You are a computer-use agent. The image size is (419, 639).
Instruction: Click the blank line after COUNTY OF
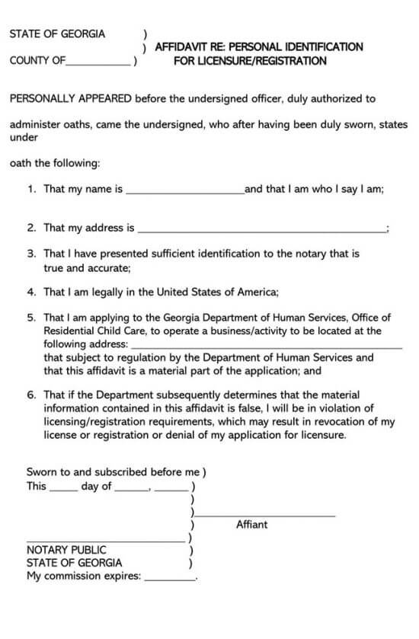(x=99, y=64)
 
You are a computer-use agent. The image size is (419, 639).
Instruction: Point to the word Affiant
(x=251, y=525)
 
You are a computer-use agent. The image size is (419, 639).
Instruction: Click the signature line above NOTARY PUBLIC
(x=107, y=541)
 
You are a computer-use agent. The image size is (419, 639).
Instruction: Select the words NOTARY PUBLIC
(x=66, y=549)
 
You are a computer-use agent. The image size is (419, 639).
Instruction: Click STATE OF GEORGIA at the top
(x=57, y=34)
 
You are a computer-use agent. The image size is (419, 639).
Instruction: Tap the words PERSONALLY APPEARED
(x=70, y=98)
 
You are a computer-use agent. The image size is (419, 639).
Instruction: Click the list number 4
(x=31, y=292)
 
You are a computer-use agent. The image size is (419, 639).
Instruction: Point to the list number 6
(x=31, y=395)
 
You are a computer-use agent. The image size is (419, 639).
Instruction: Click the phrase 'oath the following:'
(x=55, y=162)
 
